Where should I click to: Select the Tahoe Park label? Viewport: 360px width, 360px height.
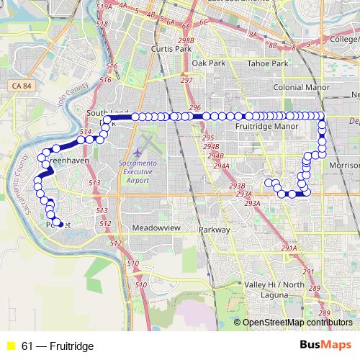[x=268, y=63]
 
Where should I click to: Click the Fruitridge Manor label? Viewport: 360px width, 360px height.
[x=266, y=126]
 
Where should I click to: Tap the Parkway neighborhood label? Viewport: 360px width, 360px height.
[x=214, y=230]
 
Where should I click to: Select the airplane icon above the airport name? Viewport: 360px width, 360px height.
[x=138, y=153]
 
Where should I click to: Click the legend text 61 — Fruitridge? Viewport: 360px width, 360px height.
[x=58, y=346]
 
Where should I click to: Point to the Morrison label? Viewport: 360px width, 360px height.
[x=343, y=165]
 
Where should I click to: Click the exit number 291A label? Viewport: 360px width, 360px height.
[x=289, y=248]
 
